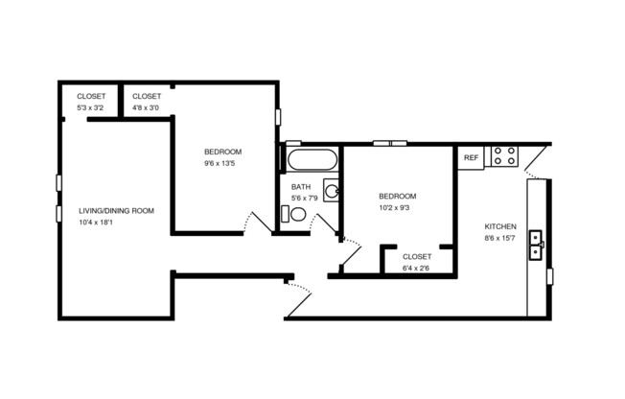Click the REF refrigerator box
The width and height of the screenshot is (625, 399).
[471, 157]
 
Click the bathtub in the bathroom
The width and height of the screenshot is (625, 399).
[310, 158]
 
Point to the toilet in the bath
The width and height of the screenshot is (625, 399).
[296, 218]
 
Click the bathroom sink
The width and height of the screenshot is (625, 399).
[331, 190]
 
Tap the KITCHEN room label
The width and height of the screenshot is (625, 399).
[500, 226]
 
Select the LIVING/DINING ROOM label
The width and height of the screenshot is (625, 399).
[116, 210]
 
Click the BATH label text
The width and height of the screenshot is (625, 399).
[301, 187]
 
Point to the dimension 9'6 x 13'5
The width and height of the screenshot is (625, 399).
[220, 163]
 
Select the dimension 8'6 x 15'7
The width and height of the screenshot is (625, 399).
[500, 238]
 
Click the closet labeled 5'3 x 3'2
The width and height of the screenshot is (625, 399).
[92, 102]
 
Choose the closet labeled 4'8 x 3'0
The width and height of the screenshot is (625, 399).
[146, 102]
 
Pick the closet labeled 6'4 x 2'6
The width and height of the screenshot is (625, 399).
[416, 262]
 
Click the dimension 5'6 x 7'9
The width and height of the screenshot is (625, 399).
[305, 199]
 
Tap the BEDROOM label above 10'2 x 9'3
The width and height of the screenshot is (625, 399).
[397, 195]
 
